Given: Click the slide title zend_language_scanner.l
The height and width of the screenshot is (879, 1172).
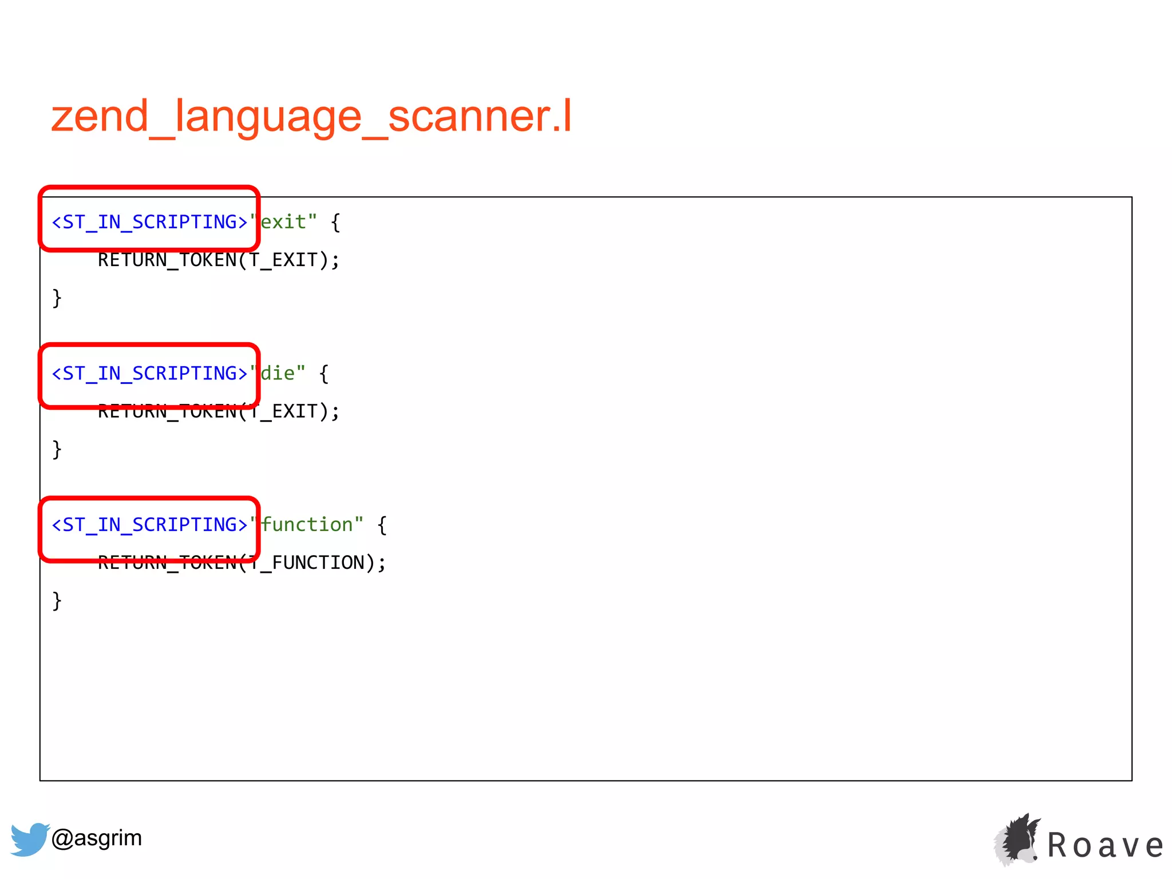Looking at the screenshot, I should (x=311, y=116).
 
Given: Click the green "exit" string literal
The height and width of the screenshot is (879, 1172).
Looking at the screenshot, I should (x=283, y=222).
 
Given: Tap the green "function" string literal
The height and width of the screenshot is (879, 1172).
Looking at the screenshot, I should (x=307, y=525).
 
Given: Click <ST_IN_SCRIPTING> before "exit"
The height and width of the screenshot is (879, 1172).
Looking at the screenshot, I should (x=149, y=222).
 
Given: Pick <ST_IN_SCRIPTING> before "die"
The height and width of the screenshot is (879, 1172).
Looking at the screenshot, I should (x=149, y=374).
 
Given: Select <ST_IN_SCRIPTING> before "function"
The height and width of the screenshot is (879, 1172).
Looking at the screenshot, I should (x=149, y=525).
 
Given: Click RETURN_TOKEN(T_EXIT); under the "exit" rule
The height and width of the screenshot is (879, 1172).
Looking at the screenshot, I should (x=219, y=260).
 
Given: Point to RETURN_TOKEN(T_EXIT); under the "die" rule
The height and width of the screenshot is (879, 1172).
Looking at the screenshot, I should (x=219, y=411).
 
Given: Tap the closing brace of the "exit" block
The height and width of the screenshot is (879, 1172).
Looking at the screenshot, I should (x=57, y=298).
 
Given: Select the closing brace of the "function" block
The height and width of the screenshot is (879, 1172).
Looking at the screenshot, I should (x=57, y=601).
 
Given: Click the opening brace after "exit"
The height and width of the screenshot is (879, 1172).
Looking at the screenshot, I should (x=336, y=222).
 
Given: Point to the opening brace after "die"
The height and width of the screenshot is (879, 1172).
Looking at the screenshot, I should (x=324, y=374).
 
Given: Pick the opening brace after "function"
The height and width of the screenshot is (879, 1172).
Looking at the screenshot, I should (x=382, y=525).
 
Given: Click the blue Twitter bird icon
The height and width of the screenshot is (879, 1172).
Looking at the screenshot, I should (x=29, y=839).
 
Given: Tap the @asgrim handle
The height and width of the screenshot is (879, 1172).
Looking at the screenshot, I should (x=97, y=838).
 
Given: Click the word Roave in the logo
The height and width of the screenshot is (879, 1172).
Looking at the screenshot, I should (x=1105, y=846).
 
